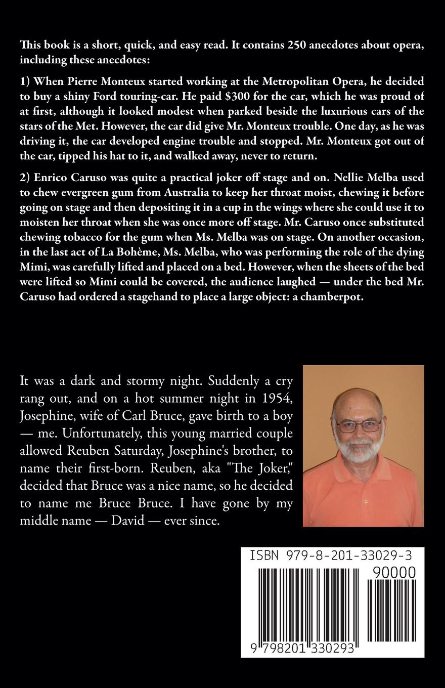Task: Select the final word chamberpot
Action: [x=332, y=297]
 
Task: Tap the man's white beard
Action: [x=360, y=453]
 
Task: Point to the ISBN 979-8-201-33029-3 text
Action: [x=331, y=556]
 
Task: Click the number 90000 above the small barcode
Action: [x=393, y=572]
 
